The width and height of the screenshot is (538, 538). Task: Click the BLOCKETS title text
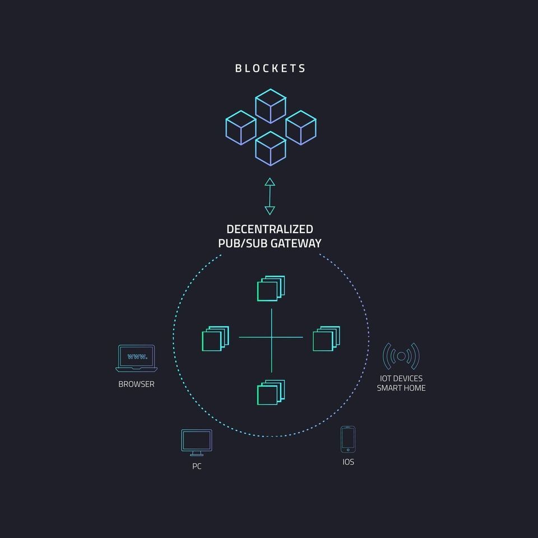point(270,68)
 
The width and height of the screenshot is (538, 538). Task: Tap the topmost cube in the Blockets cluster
point(270,106)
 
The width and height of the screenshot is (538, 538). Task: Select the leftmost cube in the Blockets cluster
point(241,128)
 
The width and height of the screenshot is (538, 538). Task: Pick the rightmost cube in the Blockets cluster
point(300,128)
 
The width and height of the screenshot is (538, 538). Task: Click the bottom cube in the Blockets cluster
point(270,149)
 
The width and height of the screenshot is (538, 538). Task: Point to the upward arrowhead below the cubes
point(270,182)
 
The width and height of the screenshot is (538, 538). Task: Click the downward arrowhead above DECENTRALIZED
point(270,211)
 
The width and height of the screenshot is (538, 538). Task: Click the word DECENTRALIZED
point(270,229)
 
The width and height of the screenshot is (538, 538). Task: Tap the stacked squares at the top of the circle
point(271,289)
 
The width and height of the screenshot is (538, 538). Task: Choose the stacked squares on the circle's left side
point(215,338)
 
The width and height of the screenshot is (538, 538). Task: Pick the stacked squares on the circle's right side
point(326,338)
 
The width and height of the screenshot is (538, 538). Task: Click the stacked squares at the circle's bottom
point(271,392)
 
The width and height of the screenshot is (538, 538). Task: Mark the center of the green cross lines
point(271,337)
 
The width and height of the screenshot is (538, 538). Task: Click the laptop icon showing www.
point(137,358)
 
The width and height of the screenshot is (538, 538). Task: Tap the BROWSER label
point(136,384)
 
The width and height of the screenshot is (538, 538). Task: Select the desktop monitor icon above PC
point(197,443)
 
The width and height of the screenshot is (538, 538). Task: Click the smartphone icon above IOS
point(348,439)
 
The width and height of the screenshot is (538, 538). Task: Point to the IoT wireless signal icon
point(401,356)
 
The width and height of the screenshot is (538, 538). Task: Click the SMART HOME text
point(401,388)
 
